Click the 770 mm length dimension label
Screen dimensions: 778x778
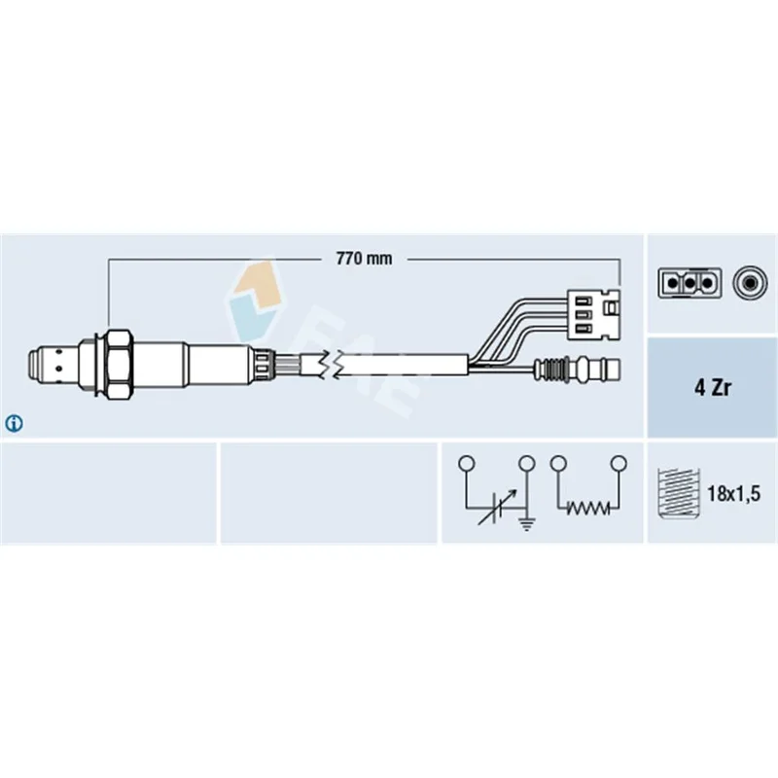click(x=364, y=259)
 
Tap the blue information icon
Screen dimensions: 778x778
click(x=14, y=424)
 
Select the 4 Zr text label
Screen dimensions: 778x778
click(x=713, y=387)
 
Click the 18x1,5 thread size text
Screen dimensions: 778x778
click(x=733, y=494)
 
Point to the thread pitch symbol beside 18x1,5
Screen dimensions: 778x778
click(x=678, y=493)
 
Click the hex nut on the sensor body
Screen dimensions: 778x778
click(x=119, y=364)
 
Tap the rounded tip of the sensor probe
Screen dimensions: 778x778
click(x=34, y=365)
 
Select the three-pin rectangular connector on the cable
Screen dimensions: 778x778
click(x=593, y=314)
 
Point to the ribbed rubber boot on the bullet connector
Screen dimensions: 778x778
click(x=551, y=370)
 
